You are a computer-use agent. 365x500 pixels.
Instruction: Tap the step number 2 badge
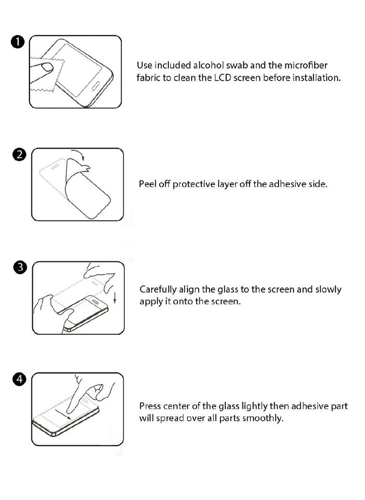(x=20, y=155)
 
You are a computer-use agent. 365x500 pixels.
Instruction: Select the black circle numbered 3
(x=20, y=267)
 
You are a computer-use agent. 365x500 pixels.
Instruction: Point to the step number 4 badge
(x=20, y=380)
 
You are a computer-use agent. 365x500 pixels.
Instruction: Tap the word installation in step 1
(x=315, y=78)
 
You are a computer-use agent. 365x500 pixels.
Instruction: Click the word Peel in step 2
(x=147, y=185)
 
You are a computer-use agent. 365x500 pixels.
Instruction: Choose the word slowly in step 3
(x=328, y=290)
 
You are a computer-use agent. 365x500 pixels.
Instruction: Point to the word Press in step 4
(x=150, y=406)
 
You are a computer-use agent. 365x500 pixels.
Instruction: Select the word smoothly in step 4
(x=263, y=418)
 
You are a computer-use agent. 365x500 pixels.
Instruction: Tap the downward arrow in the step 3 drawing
(x=115, y=298)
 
